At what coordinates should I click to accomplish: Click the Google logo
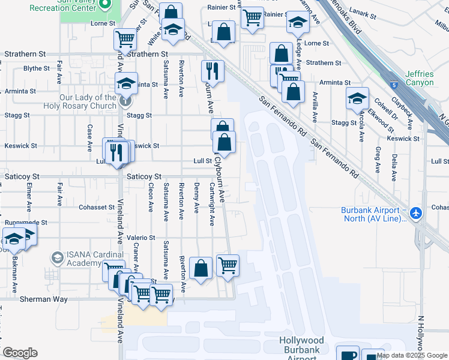[x=20, y=353]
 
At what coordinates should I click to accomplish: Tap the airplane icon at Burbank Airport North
[x=415, y=213]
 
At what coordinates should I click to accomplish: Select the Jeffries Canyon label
[x=419, y=78]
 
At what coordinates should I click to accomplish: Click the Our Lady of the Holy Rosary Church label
[x=88, y=101]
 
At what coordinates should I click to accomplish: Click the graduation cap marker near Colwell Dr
[x=357, y=98]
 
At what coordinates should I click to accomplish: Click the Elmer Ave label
[x=29, y=199]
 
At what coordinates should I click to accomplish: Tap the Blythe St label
[x=36, y=68]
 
